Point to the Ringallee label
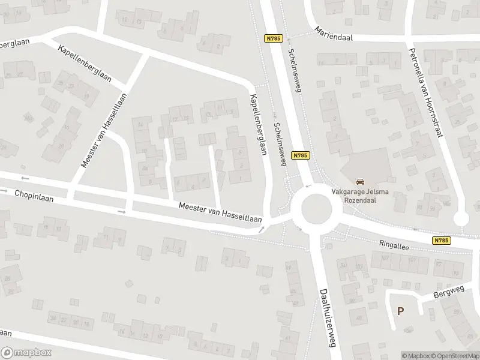coord(394,244)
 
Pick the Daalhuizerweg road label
coord(327,315)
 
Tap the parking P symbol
coord(400,311)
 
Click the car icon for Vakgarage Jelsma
coord(360,181)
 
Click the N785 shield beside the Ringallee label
coord(439,241)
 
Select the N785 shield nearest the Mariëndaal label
coord(272,38)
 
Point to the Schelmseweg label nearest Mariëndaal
coord(295,70)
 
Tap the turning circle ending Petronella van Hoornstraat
coord(461,219)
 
